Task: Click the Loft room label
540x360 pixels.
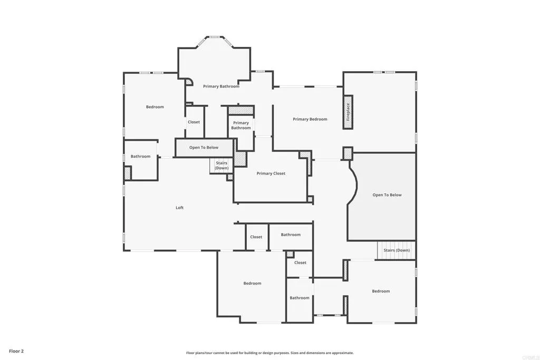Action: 179,208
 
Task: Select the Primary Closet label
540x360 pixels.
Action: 271,173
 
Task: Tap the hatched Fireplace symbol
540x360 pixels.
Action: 348,112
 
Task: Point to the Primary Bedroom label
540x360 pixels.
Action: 310,119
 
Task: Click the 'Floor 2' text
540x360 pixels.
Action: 16,351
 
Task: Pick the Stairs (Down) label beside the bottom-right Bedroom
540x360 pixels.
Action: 397,250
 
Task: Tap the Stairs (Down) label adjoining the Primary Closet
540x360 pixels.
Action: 221,166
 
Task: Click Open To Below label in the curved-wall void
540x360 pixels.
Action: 387,195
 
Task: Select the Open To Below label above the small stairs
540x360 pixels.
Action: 204,148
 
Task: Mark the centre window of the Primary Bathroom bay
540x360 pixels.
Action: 215,37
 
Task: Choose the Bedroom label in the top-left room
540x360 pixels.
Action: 155,107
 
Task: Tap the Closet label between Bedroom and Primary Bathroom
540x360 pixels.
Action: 194,122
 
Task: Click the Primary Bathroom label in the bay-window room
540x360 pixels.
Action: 221,86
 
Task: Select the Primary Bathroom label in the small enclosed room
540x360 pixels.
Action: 241,125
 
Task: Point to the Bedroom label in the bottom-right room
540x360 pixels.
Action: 381,291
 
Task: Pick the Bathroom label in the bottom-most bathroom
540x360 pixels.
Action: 300,298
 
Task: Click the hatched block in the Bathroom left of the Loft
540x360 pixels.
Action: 127,173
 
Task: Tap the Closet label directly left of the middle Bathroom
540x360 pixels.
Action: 256,237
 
